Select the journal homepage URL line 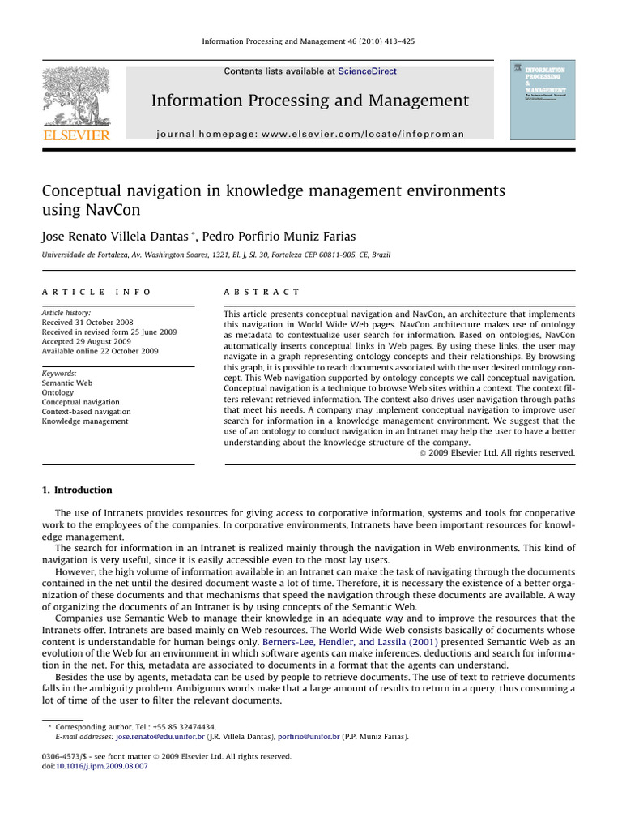coord(310,134)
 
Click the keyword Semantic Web coord(66,383)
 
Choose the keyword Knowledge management coord(84,421)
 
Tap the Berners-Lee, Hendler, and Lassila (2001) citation coord(351,641)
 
